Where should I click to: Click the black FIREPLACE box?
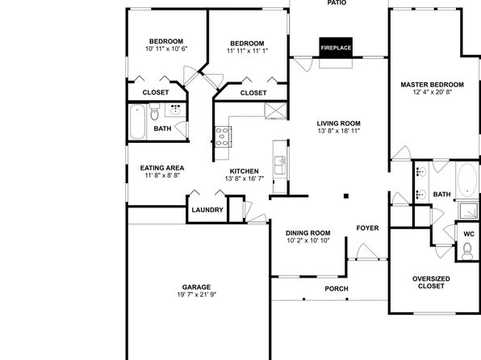point(336,48)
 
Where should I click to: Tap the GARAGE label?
point(196,287)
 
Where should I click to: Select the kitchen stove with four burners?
point(223,136)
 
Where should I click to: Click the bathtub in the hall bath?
point(137,122)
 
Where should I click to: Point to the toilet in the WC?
point(467,251)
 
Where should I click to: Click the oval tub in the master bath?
point(467,180)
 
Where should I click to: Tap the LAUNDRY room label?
point(207,210)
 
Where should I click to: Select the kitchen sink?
point(280,165)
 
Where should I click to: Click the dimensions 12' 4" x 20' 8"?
point(433,92)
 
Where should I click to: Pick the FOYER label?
point(367,228)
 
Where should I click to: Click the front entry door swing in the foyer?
point(367,252)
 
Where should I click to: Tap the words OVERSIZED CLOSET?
point(431,283)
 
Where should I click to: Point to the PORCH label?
point(337,289)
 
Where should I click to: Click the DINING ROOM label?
point(308,233)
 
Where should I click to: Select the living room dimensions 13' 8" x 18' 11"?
point(339,131)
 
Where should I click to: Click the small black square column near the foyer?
point(346,196)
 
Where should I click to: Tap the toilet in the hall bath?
point(155,111)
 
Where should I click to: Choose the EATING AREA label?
point(162,168)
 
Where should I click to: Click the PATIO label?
point(337,2)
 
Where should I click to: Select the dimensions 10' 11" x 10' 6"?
point(166,48)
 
